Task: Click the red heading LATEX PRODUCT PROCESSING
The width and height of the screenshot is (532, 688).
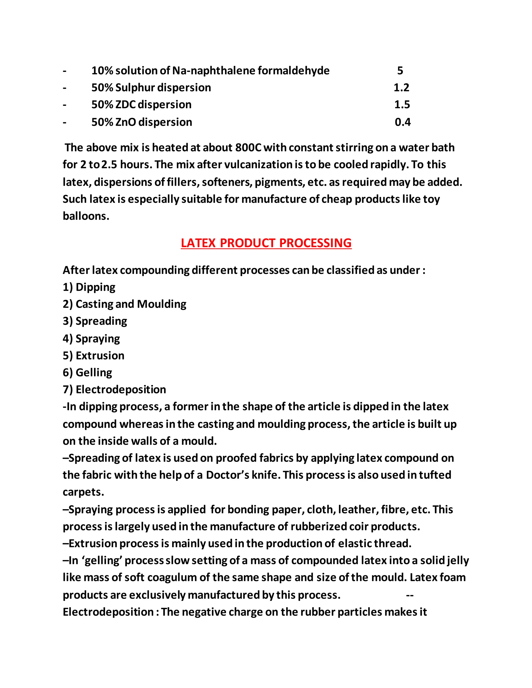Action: (x=266, y=243)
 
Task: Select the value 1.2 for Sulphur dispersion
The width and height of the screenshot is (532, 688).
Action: (x=401, y=87)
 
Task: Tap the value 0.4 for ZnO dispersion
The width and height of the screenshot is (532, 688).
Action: (x=402, y=122)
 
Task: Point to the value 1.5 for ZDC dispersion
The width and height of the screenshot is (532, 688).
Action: (x=402, y=105)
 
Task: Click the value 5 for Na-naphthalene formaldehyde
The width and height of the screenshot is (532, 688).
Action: (x=400, y=71)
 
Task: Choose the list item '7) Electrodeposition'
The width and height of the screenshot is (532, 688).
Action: (x=114, y=390)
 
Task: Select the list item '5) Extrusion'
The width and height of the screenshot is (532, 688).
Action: (x=93, y=356)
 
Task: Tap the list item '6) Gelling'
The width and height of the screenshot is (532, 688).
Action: (x=87, y=373)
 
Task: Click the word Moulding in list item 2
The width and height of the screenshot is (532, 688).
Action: (x=162, y=304)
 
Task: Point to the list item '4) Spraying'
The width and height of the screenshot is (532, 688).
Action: (x=91, y=339)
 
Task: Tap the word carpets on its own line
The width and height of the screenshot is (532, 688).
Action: (x=83, y=492)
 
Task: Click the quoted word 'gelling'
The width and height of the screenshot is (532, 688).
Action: (x=102, y=561)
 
